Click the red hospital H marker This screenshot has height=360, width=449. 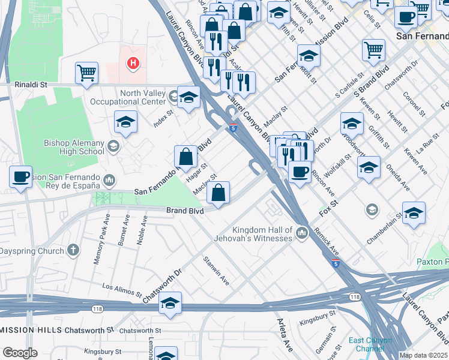133,62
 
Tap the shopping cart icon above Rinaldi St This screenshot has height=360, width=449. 87,73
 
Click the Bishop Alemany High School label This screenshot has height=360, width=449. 74,147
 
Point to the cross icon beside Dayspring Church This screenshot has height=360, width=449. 73,250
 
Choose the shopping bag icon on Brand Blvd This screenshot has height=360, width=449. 220,193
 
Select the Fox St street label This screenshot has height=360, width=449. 329,212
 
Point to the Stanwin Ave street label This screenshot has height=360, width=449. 217,270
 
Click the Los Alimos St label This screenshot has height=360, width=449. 122,291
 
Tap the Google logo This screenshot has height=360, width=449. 20,353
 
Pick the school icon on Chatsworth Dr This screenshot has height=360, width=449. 170,304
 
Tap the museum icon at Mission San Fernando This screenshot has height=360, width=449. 109,179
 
